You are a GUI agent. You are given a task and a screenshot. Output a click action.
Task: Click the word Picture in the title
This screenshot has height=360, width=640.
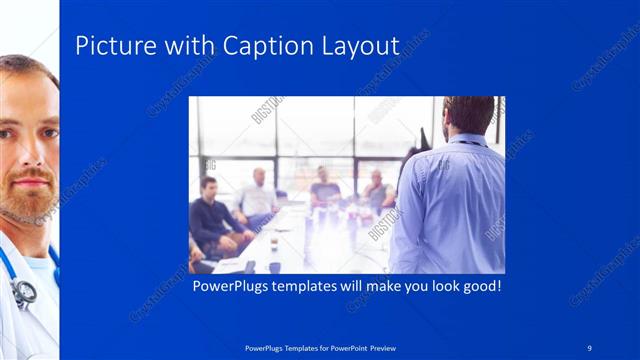point(113,46)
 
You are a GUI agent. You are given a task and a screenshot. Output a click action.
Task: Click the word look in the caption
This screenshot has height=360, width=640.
point(433,286)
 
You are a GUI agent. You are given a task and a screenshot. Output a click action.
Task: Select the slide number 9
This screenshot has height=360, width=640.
point(590,348)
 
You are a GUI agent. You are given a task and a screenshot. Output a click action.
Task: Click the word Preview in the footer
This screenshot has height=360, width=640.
point(381,348)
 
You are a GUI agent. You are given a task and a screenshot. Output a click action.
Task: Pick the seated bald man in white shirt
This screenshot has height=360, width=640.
point(258,195)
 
